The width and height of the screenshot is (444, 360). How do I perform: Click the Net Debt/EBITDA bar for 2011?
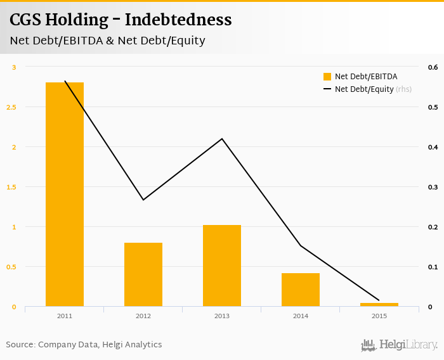[x=65, y=195]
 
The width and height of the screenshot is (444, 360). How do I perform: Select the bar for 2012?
[x=143, y=274]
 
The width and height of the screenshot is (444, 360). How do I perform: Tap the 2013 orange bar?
[x=222, y=266]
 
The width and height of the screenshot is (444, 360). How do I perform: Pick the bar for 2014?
[x=301, y=290]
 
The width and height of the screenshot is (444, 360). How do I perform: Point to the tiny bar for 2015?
[x=379, y=305]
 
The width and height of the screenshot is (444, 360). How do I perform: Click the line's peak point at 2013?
[x=222, y=138]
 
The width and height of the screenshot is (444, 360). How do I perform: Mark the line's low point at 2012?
[x=143, y=200]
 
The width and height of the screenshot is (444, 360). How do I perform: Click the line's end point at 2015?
[x=379, y=300]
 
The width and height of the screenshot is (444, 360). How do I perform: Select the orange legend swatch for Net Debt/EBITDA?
[x=327, y=77]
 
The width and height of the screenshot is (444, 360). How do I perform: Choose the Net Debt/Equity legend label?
[x=364, y=89]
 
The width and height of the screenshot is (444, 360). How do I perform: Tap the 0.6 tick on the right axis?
[x=433, y=67]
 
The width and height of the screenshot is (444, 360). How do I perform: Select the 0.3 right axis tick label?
[x=433, y=187]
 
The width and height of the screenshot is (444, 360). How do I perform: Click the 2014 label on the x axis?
[x=301, y=316]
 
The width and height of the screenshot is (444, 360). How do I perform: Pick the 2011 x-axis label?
[x=65, y=316]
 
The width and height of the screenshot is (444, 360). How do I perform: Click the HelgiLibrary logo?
[x=400, y=345]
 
